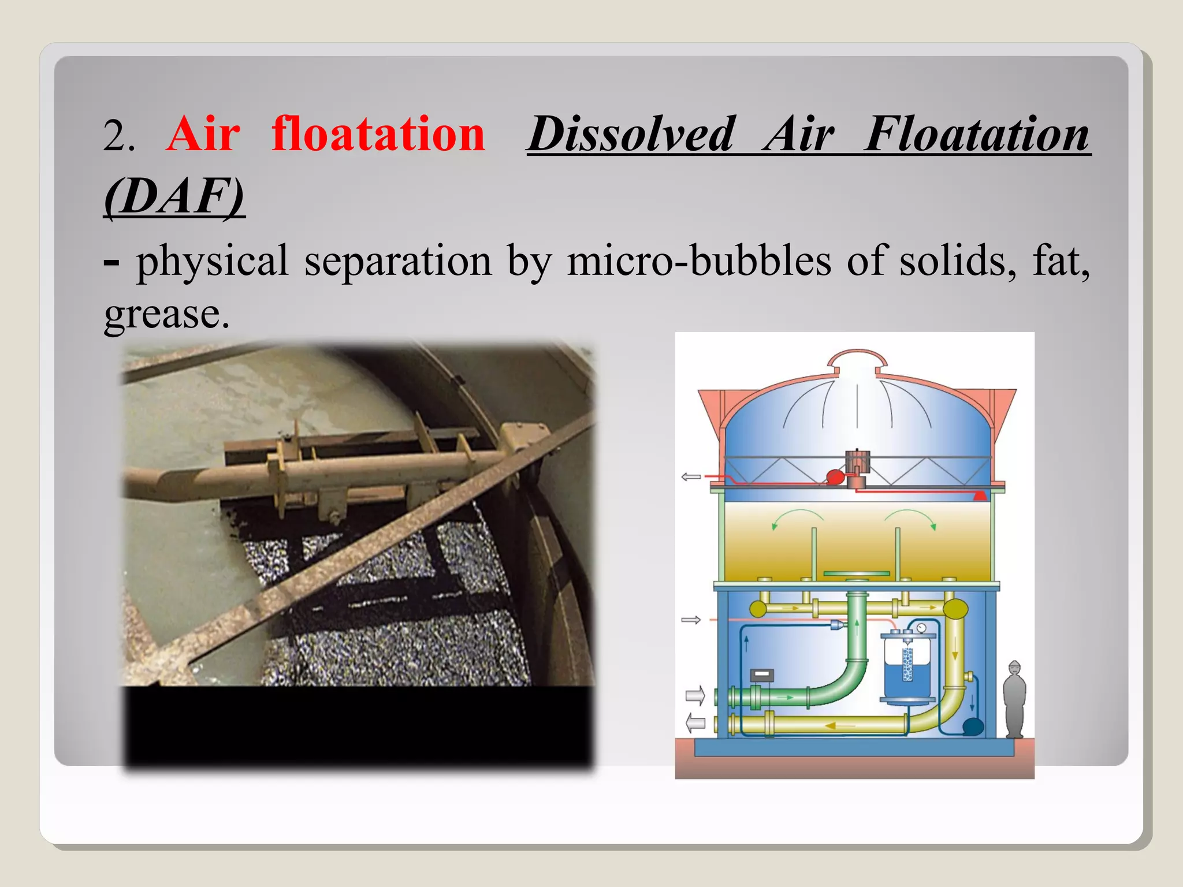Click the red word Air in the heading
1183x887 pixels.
click(203, 134)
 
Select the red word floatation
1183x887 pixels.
click(378, 134)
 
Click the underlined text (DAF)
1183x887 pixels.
click(174, 196)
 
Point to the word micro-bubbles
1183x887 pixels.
click(699, 261)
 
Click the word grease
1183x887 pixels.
click(166, 315)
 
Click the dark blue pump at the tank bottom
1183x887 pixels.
click(973, 726)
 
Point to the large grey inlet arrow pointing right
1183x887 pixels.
click(695, 695)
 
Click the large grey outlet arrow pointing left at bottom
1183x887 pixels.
click(695, 722)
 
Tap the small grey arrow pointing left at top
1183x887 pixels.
click(691, 477)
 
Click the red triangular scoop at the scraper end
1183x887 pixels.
click(980, 495)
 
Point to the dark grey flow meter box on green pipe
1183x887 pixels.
click(762, 676)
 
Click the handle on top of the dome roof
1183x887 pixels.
click(857, 358)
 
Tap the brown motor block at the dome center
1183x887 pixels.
click(857, 462)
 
